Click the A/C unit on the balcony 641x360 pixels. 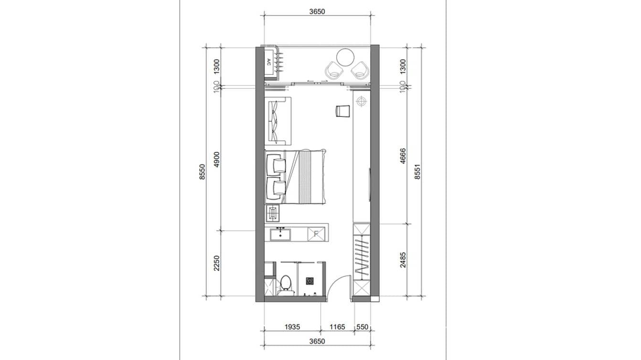(x=268, y=63)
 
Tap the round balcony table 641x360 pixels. (x=345, y=57)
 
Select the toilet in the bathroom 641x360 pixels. (x=286, y=283)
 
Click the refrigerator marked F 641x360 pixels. (x=316, y=233)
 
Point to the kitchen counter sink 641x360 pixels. (x=280, y=234)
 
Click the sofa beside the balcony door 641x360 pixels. (x=278, y=120)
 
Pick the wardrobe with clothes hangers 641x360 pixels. (x=361, y=258)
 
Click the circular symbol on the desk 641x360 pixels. (x=361, y=101)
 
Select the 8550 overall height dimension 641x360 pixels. (x=203, y=171)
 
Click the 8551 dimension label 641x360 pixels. (x=417, y=171)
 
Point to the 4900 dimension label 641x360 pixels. (x=216, y=159)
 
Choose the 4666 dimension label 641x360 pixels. (x=403, y=156)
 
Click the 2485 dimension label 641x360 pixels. (x=403, y=260)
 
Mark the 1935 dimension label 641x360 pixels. (x=292, y=327)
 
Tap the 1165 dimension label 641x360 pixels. (x=337, y=327)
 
